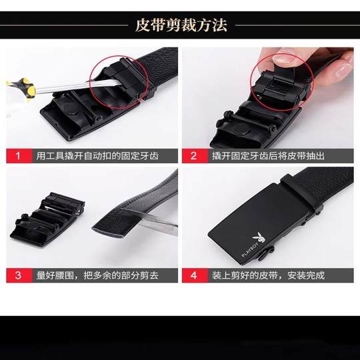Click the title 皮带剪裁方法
click(181, 25)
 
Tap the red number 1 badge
click(18, 156)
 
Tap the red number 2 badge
click(193, 156)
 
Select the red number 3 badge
click(18, 275)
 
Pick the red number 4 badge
click(193, 275)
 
